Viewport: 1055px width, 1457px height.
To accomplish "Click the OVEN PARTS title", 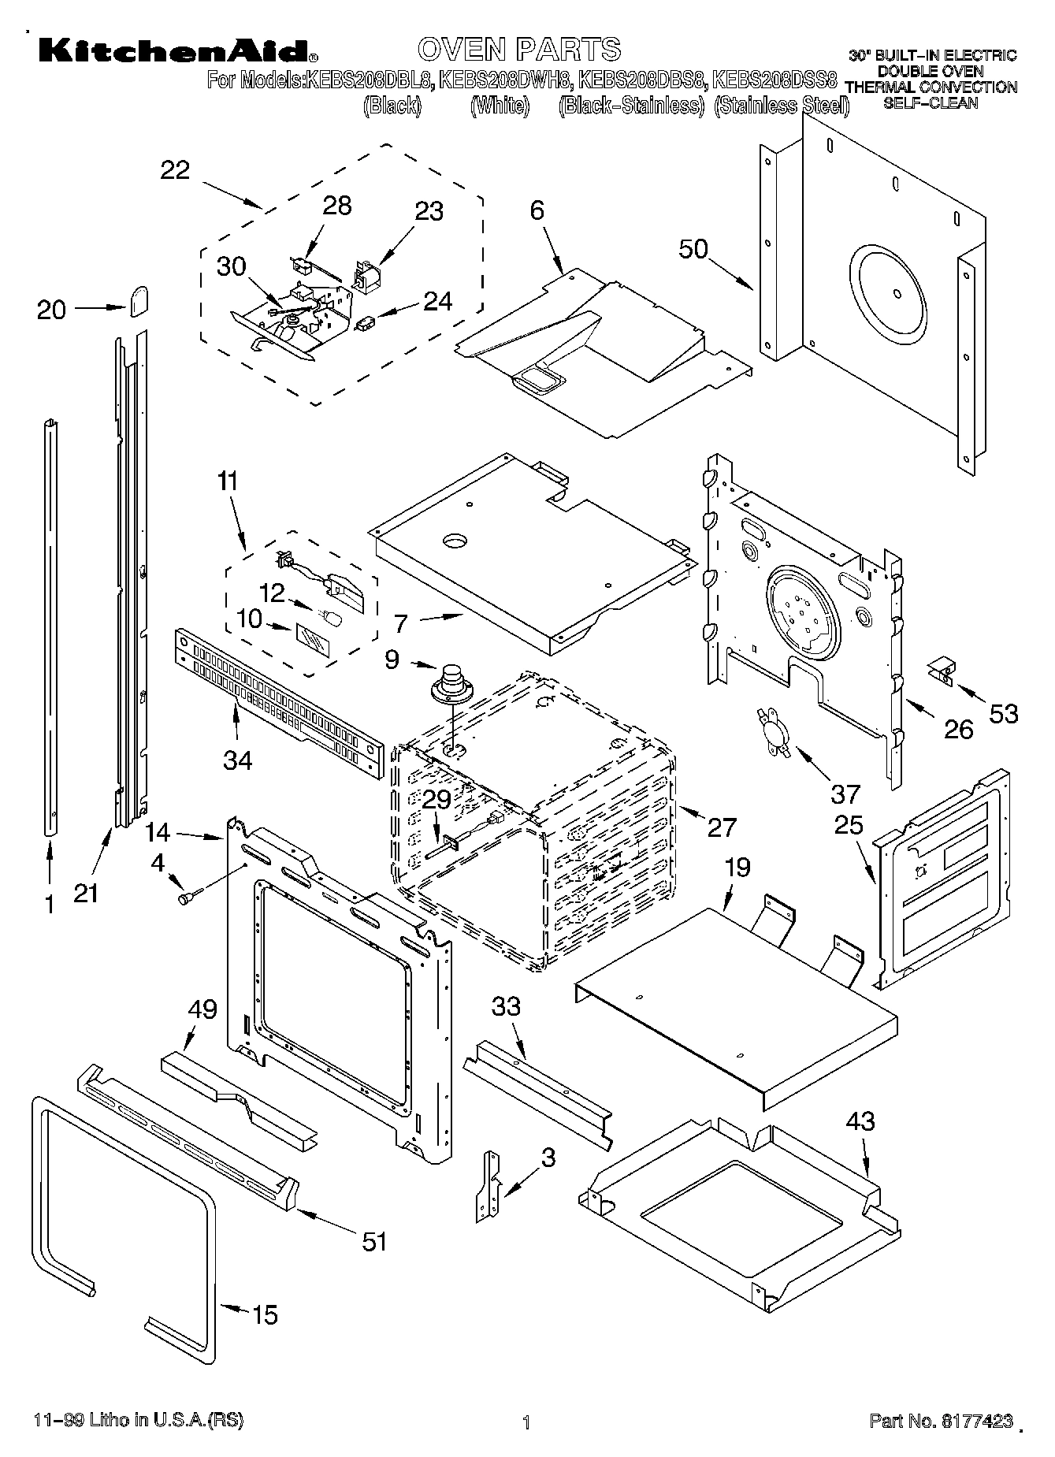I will (519, 50).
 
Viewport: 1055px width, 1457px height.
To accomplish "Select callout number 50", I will (693, 249).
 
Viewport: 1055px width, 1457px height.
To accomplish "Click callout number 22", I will (175, 169).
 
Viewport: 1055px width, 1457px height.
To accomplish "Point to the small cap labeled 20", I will (139, 300).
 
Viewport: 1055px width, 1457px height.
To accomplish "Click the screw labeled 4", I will (190, 896).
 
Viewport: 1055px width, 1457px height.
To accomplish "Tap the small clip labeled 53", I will (939, 671).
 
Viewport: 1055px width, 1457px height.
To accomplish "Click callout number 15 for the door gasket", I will (265, 1315).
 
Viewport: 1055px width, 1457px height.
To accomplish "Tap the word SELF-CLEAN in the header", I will (930, 103).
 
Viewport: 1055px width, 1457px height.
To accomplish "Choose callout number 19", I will (737, 868).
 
